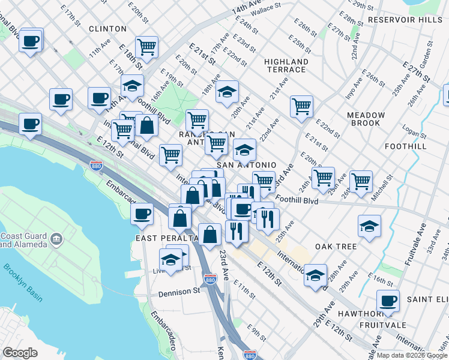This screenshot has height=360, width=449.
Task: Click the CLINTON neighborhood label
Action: [x=107, y=29]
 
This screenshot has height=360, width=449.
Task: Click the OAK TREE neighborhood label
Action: [x=336, y=247]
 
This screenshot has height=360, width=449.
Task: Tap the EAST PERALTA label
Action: [x=163, y=238]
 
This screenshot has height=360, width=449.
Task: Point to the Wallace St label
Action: [x=266, y=8]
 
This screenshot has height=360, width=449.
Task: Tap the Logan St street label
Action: [x=414, y=131]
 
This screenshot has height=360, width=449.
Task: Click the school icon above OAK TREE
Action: [x=369, y=226]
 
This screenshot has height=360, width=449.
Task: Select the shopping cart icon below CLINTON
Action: [x=146, y=46]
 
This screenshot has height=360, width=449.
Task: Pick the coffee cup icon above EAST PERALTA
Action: [x=142, y=214]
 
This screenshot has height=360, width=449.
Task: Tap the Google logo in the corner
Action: [x=20, y=353]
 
